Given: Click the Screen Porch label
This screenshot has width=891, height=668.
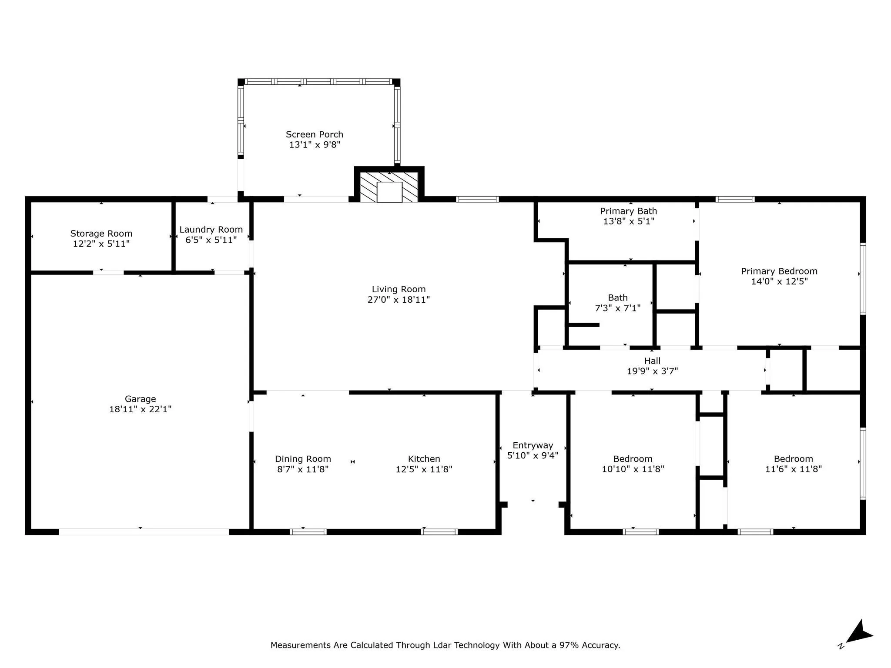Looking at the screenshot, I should pyautogui.click(x=314, y=134).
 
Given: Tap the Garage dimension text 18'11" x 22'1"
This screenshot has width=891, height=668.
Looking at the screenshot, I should pyautogui.click(x=140, y=409).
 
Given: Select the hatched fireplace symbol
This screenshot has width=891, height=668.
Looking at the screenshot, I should pyautogui.click(x=389, y=187).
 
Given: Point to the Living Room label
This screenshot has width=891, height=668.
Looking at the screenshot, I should pyautogui.click(x=399, y=289).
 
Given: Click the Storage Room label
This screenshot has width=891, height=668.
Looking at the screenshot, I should pyautogui.click(x=101, y=234).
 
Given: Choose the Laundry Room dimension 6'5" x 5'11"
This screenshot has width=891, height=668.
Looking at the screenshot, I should pyautogui.click(x=211, y=240).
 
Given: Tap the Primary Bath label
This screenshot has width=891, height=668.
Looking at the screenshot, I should pyautogui.click(x=628, y=211).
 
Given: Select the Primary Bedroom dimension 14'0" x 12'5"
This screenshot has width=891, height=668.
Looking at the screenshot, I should pyautogui.click(x=779, y=281).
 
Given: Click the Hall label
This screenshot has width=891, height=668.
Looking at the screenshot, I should pyautogui.click(x=652, y=361).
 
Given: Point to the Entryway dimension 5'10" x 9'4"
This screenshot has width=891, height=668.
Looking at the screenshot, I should pyautogui.click(x=533, y=455).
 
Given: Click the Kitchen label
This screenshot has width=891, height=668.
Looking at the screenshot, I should pyautogui.click(x=424, y=459).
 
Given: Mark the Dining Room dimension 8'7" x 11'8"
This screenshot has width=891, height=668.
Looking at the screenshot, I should pyautogui.click(x=303, y=469).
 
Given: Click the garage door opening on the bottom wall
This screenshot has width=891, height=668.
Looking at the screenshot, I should pyautogui.click(x=144, y=531).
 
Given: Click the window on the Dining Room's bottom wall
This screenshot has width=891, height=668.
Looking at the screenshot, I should pyautogui.click(x=308, y=531).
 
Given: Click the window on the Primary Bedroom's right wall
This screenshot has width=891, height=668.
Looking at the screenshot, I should pyautogui.click(x=863, y=278).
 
